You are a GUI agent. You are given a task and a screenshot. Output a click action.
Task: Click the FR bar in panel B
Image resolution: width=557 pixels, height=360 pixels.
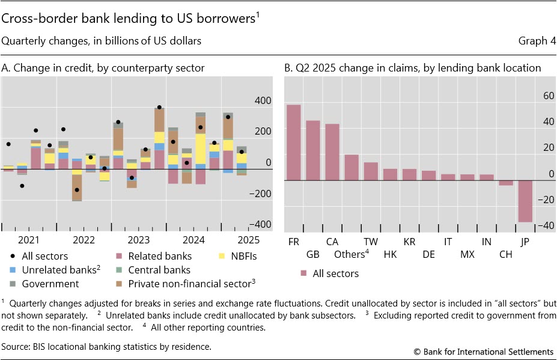[293, 142]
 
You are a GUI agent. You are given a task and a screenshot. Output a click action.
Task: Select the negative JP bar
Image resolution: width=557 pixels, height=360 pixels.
[525, 201]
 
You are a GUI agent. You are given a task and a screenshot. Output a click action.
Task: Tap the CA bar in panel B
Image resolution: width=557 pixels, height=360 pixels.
[332, 152]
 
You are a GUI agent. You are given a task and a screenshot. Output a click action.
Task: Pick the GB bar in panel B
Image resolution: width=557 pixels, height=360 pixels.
[313, 150]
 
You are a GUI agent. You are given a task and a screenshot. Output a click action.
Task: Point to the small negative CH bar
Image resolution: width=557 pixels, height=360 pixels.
[506, 183]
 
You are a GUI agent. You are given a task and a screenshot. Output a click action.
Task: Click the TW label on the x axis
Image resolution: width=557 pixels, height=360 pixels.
[371, 242]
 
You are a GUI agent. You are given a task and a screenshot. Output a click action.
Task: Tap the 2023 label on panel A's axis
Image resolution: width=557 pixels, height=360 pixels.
[139, 240]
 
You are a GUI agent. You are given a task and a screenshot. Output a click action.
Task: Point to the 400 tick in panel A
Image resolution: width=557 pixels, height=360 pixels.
[263, 100]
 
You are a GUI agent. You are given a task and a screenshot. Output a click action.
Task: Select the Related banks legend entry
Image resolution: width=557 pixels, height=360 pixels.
[164, 257]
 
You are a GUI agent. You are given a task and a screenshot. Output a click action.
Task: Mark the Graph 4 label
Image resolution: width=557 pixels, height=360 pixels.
[537, 41]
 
